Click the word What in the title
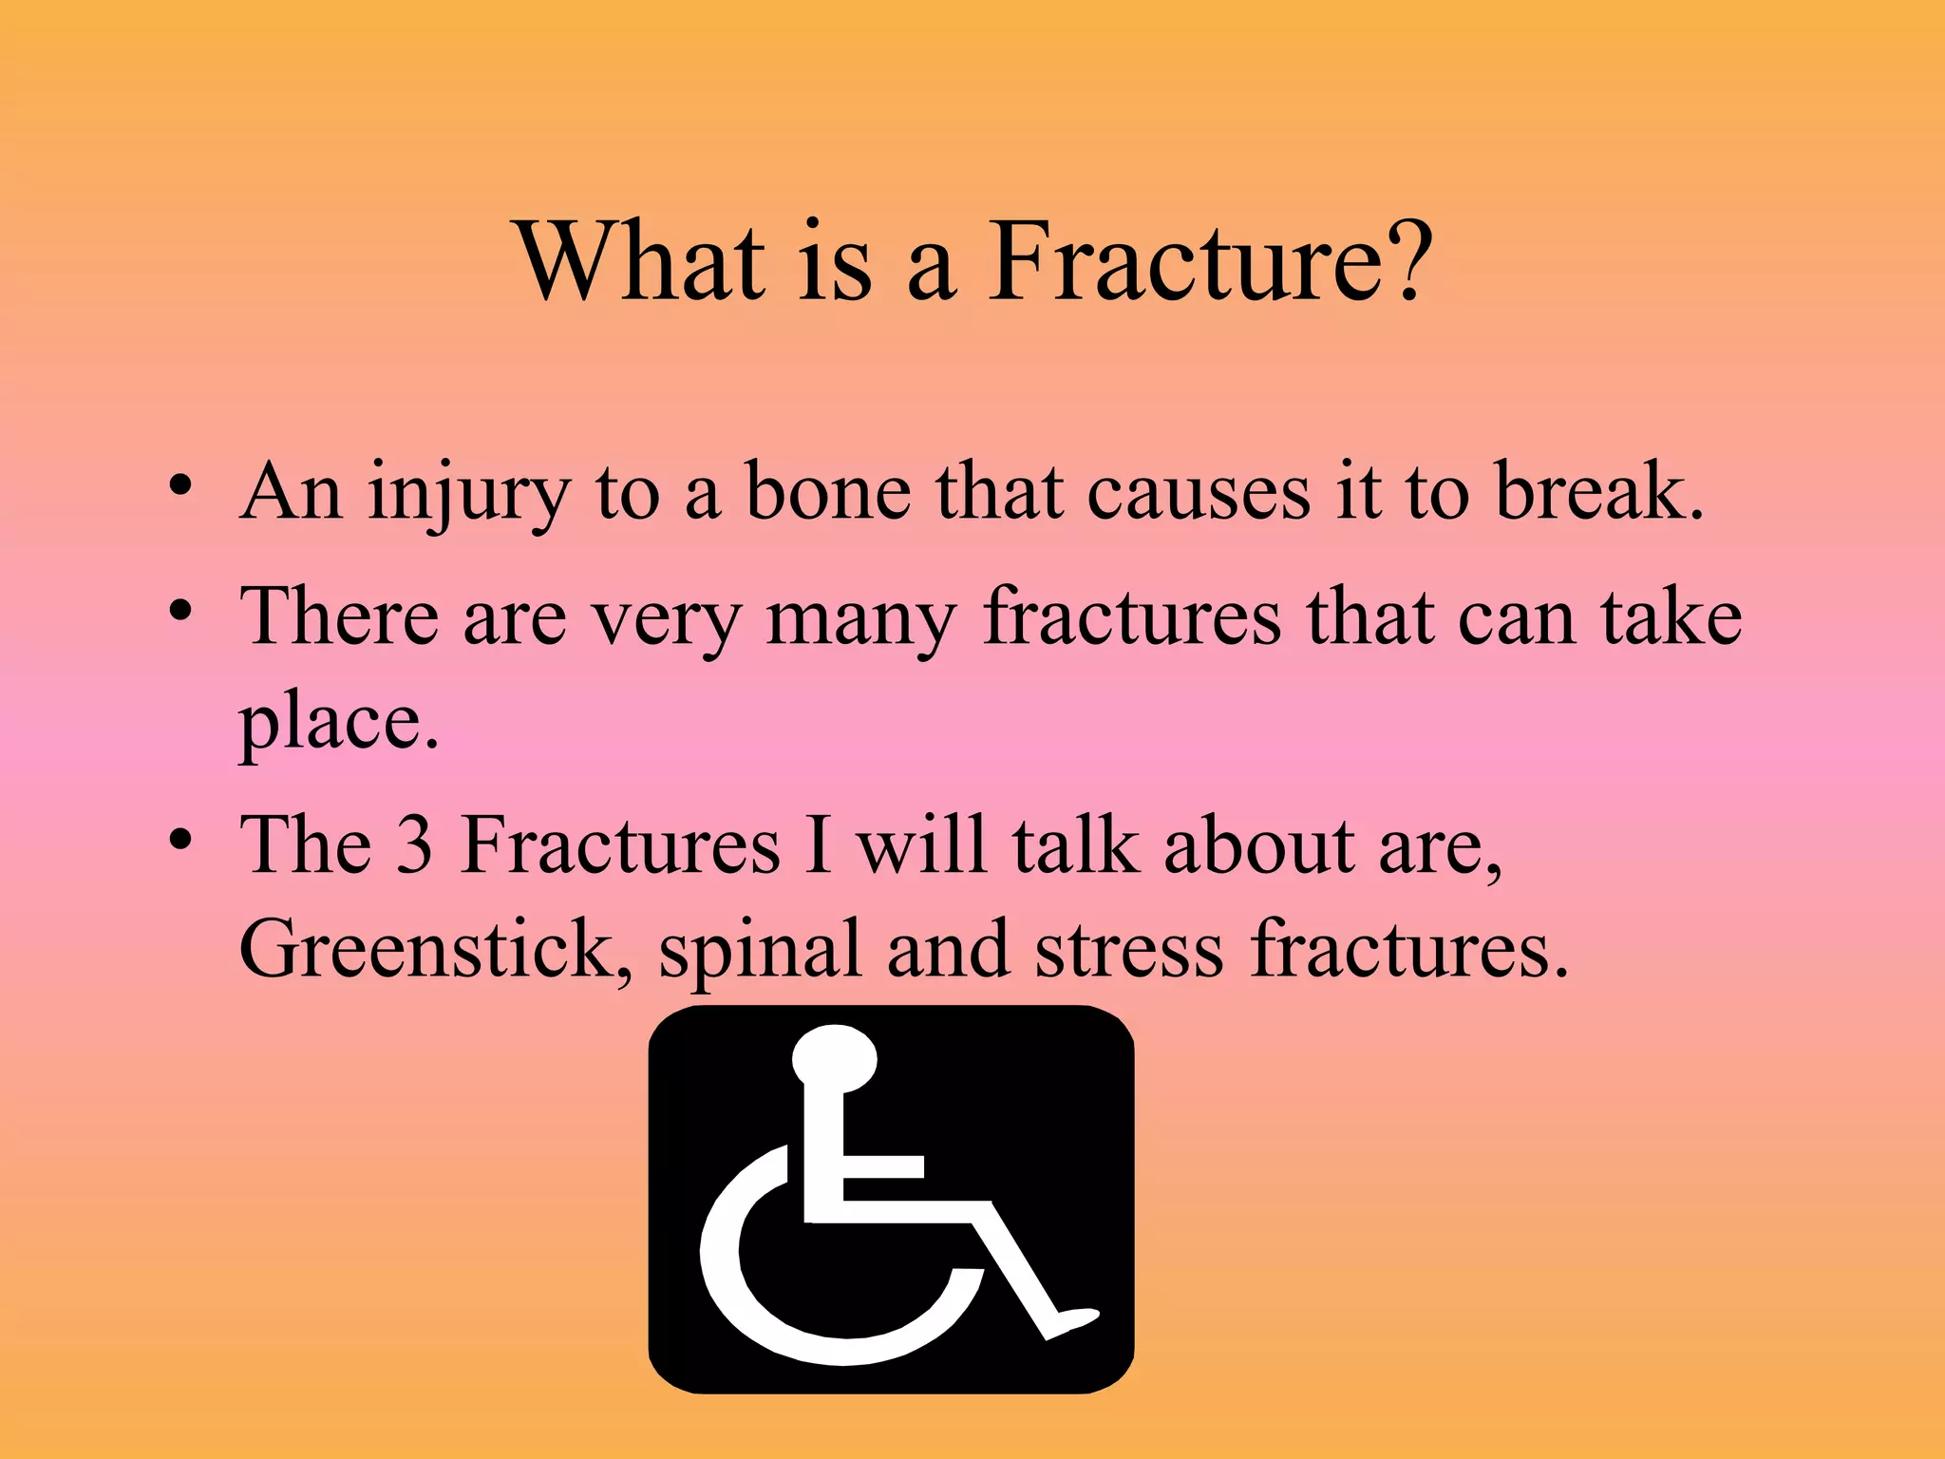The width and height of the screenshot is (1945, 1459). pyautogui.click(x=641, y=261)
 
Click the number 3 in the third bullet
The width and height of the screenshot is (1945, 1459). pyautogui.click(x=414, y=845)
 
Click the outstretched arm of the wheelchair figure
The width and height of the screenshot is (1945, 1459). pyautogui.click(x=883, y=1166)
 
